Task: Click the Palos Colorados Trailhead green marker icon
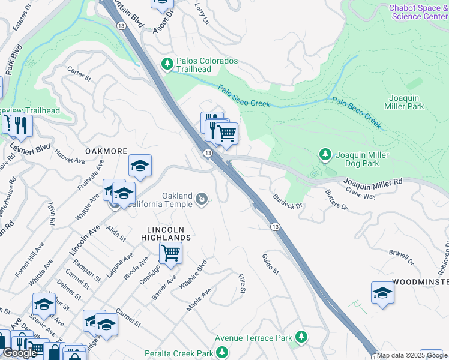pyautogui.click(x=167, y=63)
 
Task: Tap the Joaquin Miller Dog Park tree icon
pyautogui.click(x=325, y=155)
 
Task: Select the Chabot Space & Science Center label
pyautogui.click(x=418, y=12)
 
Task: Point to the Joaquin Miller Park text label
pyautogui.click(x=406, y=101)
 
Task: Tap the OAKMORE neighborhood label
pyautogui.click(x=108, y=151)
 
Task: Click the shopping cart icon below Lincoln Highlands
pyautogui.click(x=170, y=253)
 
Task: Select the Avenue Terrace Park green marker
pyautogui.click(x=301, y=337)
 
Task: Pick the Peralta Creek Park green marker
pyautogui.click(x=222, y=352)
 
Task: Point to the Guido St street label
pyautogui.click(x=271, y=264)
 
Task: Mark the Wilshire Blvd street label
pyautogui.click(x=193, y=275)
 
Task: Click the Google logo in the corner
pyautogui.click(x=20, y=353)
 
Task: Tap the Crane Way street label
pyautogui.click(x=361, y=191)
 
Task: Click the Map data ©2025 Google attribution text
pyautogui.click(x=412, y=355)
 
